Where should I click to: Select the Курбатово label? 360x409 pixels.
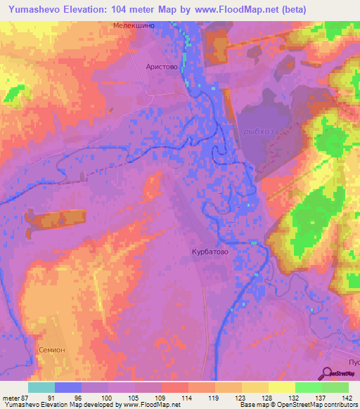click(x=210, y=251)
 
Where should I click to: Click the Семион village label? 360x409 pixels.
click(x=51, y=349)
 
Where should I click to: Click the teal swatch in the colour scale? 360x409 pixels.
click(x=41, y=387)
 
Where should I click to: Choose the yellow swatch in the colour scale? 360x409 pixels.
click(x=281, y=387)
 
